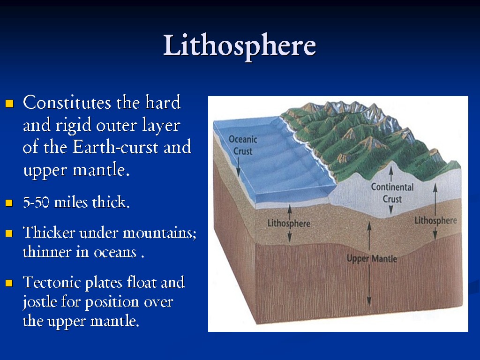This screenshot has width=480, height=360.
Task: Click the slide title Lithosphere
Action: pos(240,46)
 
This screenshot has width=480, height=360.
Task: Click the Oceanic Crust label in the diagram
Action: pos(243,145)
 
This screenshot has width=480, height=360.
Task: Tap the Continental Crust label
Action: pos(392,193)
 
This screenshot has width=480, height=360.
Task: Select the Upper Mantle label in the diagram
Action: pos(372,259)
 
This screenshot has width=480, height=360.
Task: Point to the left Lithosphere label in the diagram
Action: pos(289,223)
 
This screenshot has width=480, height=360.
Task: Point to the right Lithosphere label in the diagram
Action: pos(435,220)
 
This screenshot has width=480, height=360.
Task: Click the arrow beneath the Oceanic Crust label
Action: pos(238,166)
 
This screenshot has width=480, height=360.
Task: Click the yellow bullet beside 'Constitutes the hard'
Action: pos(9,104)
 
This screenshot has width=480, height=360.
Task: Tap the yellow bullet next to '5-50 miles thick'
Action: pos(9,204)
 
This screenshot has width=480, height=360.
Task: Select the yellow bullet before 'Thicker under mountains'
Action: pos(9,233)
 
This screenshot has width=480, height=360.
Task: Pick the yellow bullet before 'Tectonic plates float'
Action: pos(9,284)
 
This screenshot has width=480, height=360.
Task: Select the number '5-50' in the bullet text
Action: pos(37,203)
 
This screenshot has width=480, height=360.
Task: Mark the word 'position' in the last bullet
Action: pos(112,302)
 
